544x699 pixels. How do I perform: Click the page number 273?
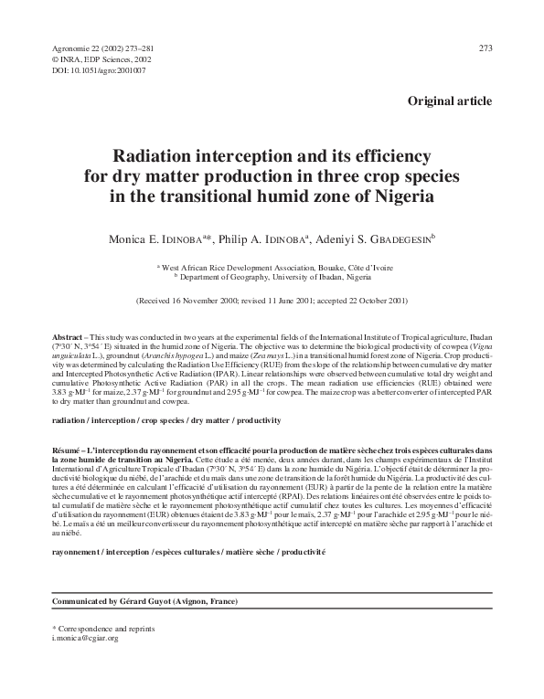pyautogui.click(x=485, y=47)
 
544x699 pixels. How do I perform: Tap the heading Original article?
pyautogui.click(x=450, y=101)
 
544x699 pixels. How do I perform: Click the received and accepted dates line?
pyautogui.click(x=272, y=300)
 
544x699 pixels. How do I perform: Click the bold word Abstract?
pyautogui.click(x=67, y=337)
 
